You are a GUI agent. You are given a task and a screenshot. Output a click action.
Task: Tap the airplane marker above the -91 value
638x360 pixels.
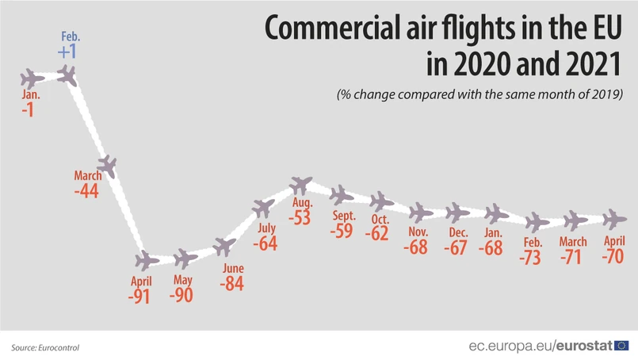click(146, 260)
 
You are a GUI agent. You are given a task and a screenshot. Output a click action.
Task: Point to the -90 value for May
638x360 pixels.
click(181, 295)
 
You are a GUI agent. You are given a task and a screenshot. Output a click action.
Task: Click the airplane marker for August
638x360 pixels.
click(301, 186)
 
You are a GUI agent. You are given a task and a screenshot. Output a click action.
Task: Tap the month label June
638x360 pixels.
click(234, 267)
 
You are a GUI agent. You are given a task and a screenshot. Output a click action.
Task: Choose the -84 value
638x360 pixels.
click(234, 283)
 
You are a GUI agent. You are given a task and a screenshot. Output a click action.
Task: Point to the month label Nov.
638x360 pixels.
click(418, 232)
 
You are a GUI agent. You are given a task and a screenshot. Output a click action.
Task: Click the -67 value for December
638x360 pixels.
click(457, 247)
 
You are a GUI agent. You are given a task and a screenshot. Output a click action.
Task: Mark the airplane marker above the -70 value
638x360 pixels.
click(614, 218)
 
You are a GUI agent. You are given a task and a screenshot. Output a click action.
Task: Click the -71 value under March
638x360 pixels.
click(573, 257)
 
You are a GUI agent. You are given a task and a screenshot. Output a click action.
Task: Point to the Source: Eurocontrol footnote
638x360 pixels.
click(45, 347)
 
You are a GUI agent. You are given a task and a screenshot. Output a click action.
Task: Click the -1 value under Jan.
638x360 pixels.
click(29, 110)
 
